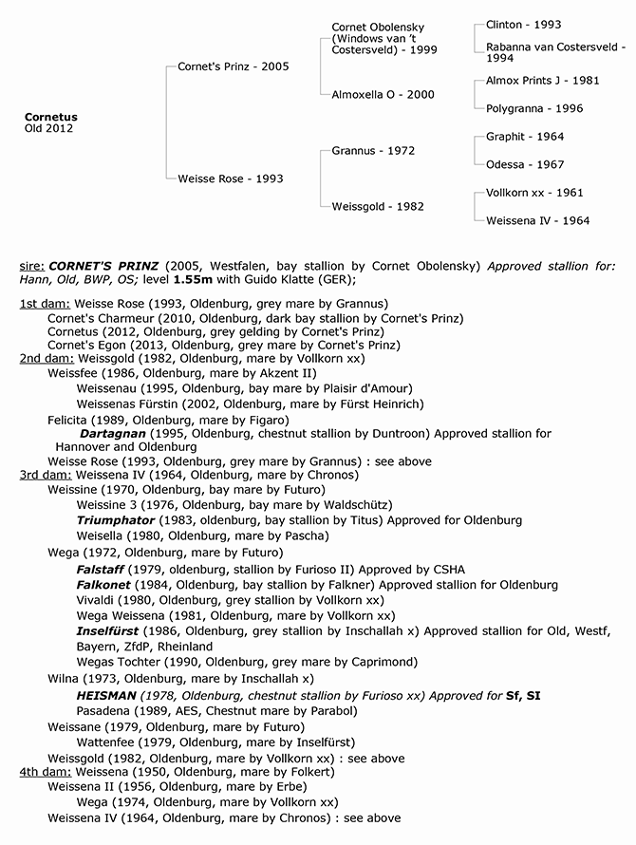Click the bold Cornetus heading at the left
coord(51,117)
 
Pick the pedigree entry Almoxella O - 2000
coord(383,95)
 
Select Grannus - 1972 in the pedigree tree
coord(373,151)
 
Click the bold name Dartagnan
coord(112,433)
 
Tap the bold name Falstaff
coord(102,569)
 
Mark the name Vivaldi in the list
coord(98,600)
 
